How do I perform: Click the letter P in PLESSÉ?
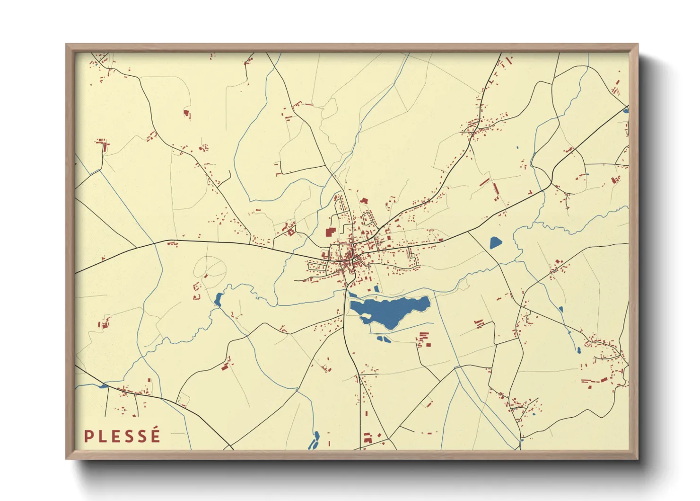[x=88, y=436]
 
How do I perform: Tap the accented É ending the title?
[x=155, y=435]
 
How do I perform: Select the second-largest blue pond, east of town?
[x=495, y=243]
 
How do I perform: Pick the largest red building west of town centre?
[x=329, y=232]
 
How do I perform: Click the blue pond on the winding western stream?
[x=218, y=299]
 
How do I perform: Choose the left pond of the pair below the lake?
[x=380, y=338]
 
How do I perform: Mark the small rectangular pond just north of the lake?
[x=376, y=288]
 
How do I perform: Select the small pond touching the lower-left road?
[x=103, y=386]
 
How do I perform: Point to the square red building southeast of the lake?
[x=429, y=344]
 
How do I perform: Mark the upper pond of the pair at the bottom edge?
[x=316, y=434]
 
